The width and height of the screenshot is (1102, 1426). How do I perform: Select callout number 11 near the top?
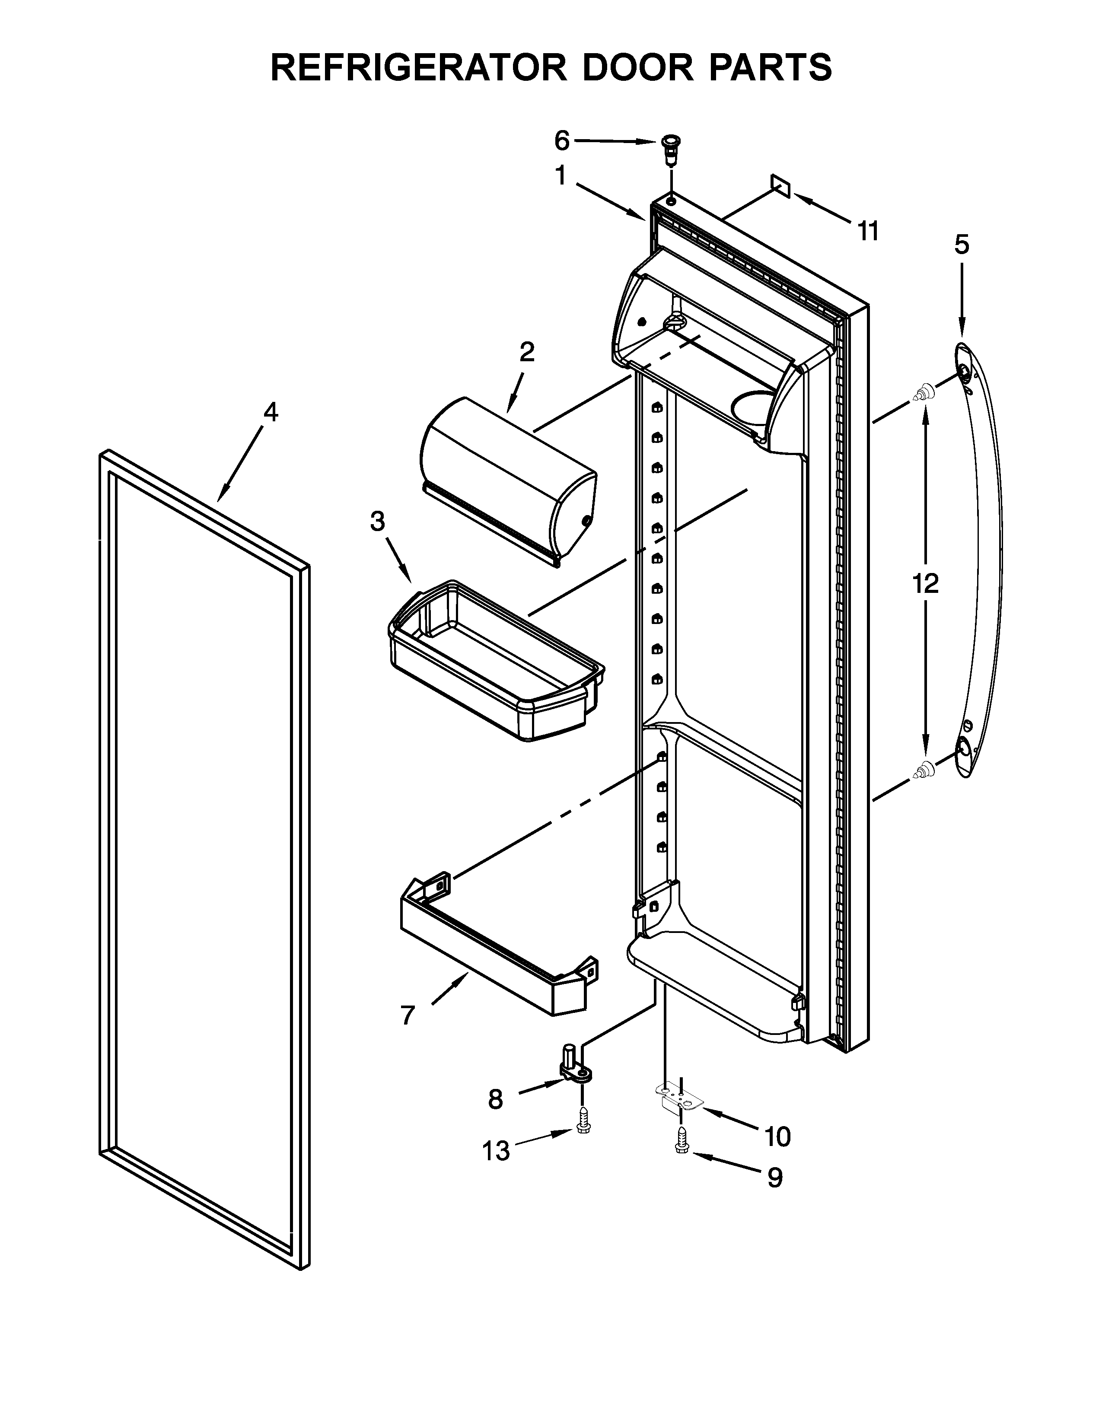[868, 231]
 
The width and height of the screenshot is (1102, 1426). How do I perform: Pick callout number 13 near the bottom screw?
[496, 1151]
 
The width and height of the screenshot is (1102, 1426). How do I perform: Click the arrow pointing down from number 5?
[961, 300]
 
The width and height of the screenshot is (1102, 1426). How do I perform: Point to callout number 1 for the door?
[560, 176]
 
